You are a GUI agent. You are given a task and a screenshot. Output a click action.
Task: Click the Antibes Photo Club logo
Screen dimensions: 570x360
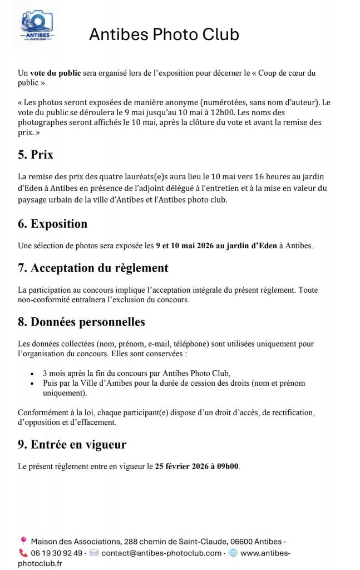pos(37,25)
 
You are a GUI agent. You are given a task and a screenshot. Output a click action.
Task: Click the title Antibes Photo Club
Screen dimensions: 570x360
pos(164,35)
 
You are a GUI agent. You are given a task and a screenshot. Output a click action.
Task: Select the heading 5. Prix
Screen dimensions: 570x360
pos(36,155)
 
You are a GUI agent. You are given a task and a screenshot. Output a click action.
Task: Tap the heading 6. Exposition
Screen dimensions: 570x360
pos(52,224)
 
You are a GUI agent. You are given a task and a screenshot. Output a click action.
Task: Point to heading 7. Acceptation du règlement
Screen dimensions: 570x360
pos(93,268)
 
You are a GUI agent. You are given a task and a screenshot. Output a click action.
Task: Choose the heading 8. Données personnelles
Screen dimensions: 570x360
pos(81,322)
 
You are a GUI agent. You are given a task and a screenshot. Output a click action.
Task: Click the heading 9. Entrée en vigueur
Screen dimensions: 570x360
pos(72,444)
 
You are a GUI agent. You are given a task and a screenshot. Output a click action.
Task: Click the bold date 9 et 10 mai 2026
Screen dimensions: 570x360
pos(189,245)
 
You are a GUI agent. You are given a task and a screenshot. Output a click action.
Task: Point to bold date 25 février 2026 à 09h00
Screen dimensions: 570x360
pos(197,466)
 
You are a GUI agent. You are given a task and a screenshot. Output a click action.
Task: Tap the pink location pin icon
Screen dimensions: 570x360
pos(23,540)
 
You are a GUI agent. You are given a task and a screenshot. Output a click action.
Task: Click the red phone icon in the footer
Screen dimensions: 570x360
pos(23,553)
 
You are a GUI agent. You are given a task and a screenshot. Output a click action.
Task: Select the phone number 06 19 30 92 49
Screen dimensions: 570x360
pos(56,553)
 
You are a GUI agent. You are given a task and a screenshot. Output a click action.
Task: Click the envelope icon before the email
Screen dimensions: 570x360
pos(94,553)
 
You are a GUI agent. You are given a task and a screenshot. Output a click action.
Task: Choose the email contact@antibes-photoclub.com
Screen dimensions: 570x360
pos(161,553)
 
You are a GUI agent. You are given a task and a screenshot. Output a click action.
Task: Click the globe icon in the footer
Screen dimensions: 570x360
pos(233,553)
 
